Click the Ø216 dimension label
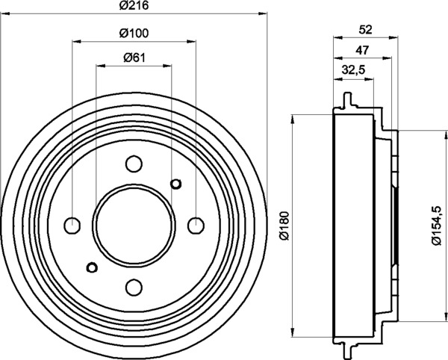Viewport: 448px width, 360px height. click(x=134, y=5)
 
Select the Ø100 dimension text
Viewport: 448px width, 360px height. click(x=134, y=33)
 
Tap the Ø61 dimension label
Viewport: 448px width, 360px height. click(x=134, y=58)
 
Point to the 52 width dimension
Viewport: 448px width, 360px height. click(x=366, y=30)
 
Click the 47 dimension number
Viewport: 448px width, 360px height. click(x=362, y=50)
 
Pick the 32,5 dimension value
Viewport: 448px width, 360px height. click(x=354, y=70)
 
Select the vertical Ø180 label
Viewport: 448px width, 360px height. click(x=285, y=226)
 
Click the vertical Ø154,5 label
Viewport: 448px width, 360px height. click(x=437, y=226)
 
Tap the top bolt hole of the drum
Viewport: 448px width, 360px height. click(x=134, y=164)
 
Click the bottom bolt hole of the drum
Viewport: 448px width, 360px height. click(x=134, y=288)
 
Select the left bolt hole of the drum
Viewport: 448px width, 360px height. click(x=72, y=226)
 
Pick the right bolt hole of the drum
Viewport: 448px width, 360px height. click(x=196, y=226)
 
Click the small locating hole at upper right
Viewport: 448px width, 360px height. click(x=175, y=184)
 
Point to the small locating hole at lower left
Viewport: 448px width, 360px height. click(x=92, y=267)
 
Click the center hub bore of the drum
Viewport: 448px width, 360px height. click(x=134, y=226)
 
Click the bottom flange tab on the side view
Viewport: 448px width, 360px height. click(x=347, y=351)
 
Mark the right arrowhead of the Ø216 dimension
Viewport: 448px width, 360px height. click(x=263, y=13)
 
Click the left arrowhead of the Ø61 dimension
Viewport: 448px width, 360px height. click(x=101, y=66)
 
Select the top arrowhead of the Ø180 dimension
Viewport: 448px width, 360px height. click(x=292, y=119)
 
